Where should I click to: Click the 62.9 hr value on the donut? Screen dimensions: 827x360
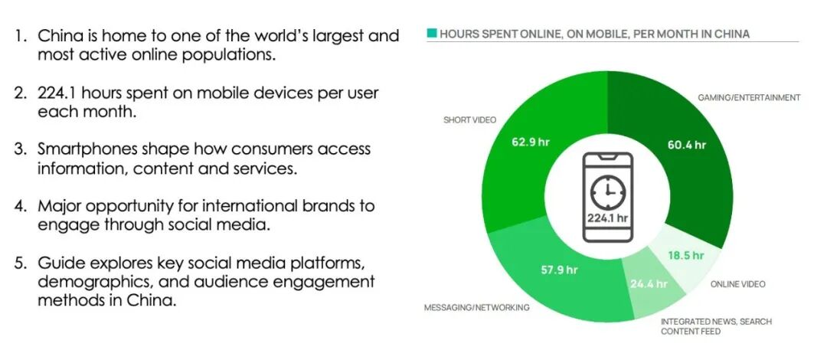click(x=531, y=142)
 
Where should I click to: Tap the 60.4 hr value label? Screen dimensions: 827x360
click(x=686, y=145)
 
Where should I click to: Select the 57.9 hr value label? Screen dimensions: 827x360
click(x=559, y=270)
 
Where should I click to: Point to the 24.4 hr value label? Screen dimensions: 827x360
click(x=649, y=284)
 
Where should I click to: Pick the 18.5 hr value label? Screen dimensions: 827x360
click(x=685, y=256)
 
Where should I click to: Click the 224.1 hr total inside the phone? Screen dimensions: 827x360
click(x=607, y=218)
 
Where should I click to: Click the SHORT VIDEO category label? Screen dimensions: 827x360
click(x=469, y=119)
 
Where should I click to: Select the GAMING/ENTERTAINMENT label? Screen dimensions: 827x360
click(x=749, y=97)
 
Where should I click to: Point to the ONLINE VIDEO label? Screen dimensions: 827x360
click(x=737, y=284)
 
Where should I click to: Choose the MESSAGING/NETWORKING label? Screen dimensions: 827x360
click(x=477, y=307)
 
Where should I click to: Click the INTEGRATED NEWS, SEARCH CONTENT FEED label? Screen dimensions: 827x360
click(x=716, y=326)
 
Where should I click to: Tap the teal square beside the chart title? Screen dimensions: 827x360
click(x=431, y=33)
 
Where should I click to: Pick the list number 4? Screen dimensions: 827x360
click(x=21, y=206)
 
